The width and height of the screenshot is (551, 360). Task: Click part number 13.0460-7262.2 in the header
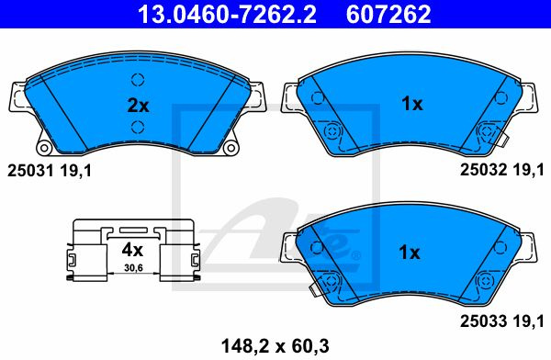click(227, 14)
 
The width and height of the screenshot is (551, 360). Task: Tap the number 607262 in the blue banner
click(388, 14)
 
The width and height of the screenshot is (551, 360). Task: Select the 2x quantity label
click(138, 105)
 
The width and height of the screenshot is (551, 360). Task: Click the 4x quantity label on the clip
click(132, 250)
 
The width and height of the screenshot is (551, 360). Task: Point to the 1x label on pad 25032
click(411, 104)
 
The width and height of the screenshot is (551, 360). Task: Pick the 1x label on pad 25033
click(410, 253)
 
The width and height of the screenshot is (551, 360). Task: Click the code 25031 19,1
click(50, 171)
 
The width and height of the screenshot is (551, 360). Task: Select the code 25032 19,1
click(502, 170)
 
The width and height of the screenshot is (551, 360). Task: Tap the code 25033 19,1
click(502, 321)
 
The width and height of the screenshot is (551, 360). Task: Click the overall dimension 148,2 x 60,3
click(275, 346)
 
